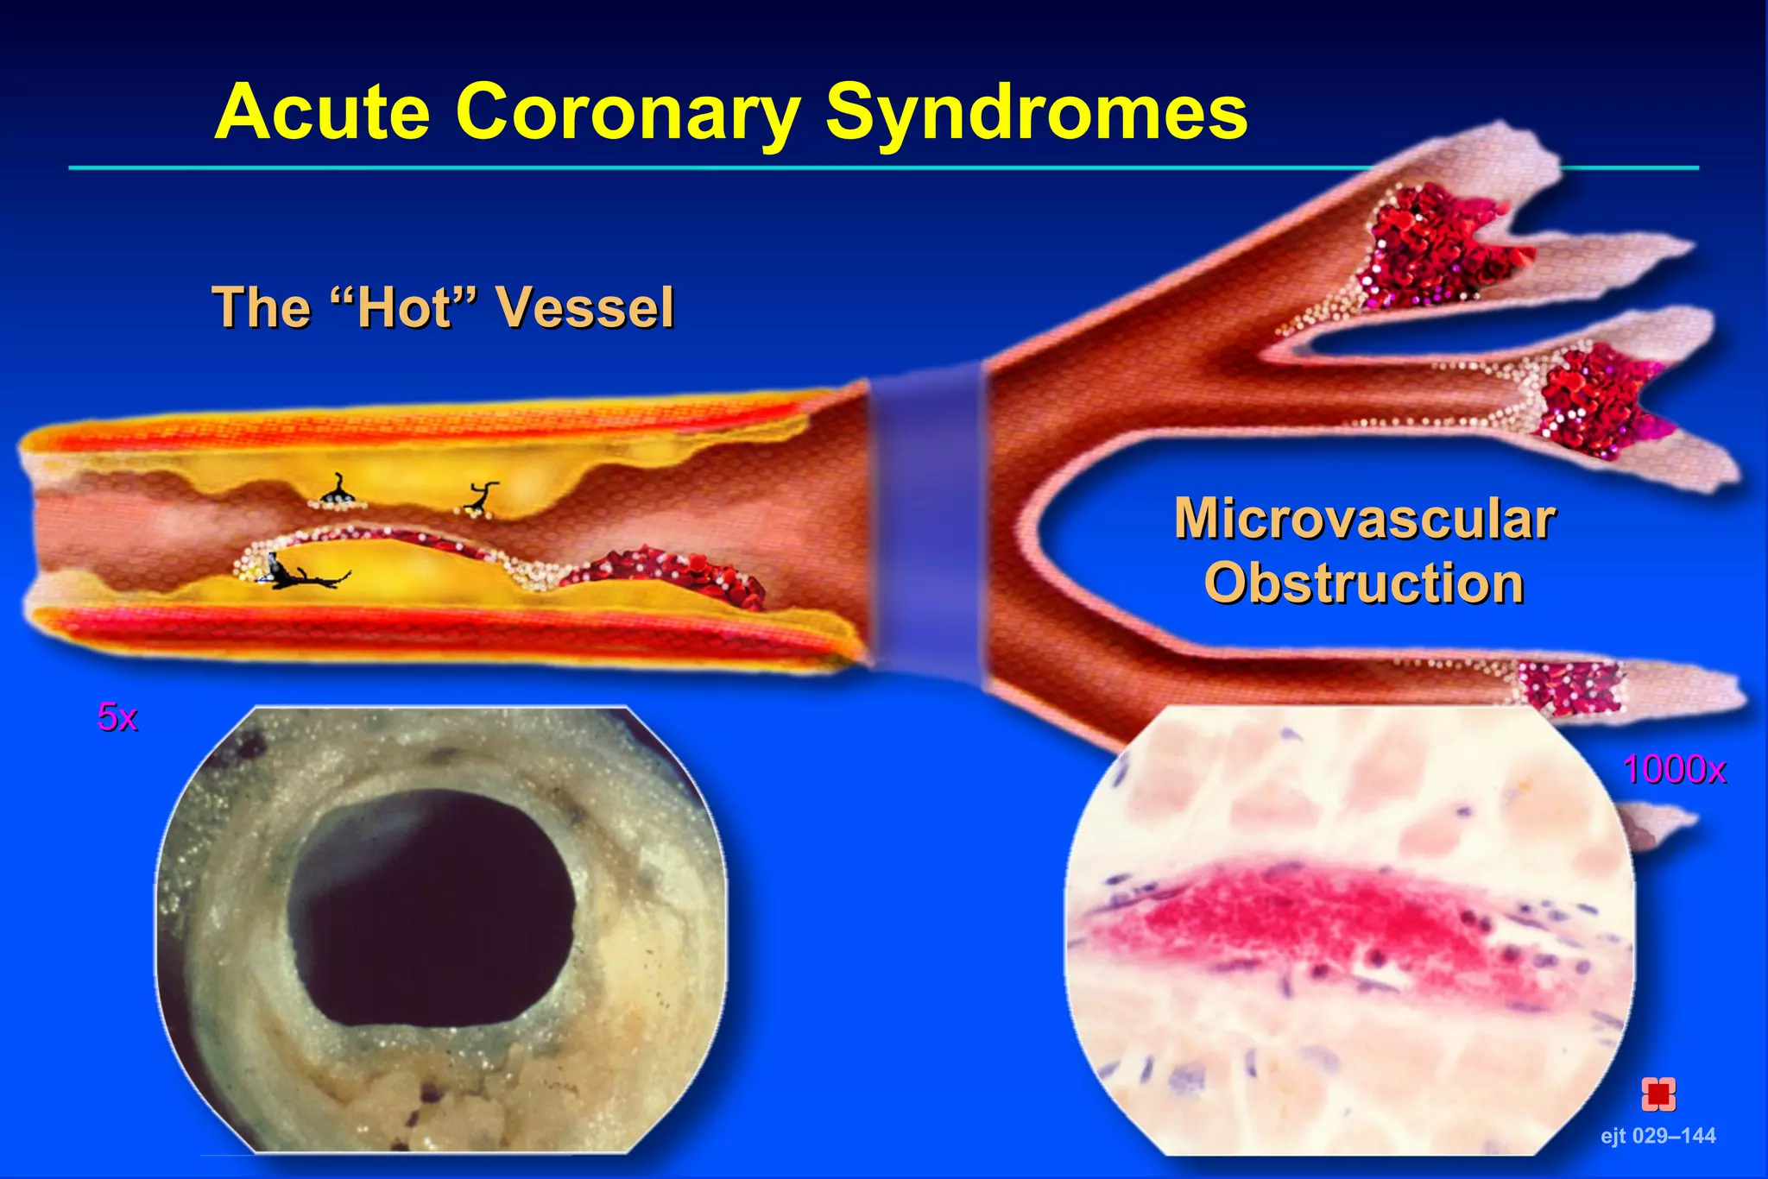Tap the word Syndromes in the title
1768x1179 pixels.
1036,112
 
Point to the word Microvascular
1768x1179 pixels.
1364,520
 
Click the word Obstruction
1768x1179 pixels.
1364,583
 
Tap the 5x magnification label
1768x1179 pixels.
117,717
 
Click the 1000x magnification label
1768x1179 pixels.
1673,769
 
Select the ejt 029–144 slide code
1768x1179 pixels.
1657,1135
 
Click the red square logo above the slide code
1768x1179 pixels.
1657,1094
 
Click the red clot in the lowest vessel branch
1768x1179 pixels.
1567,686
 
